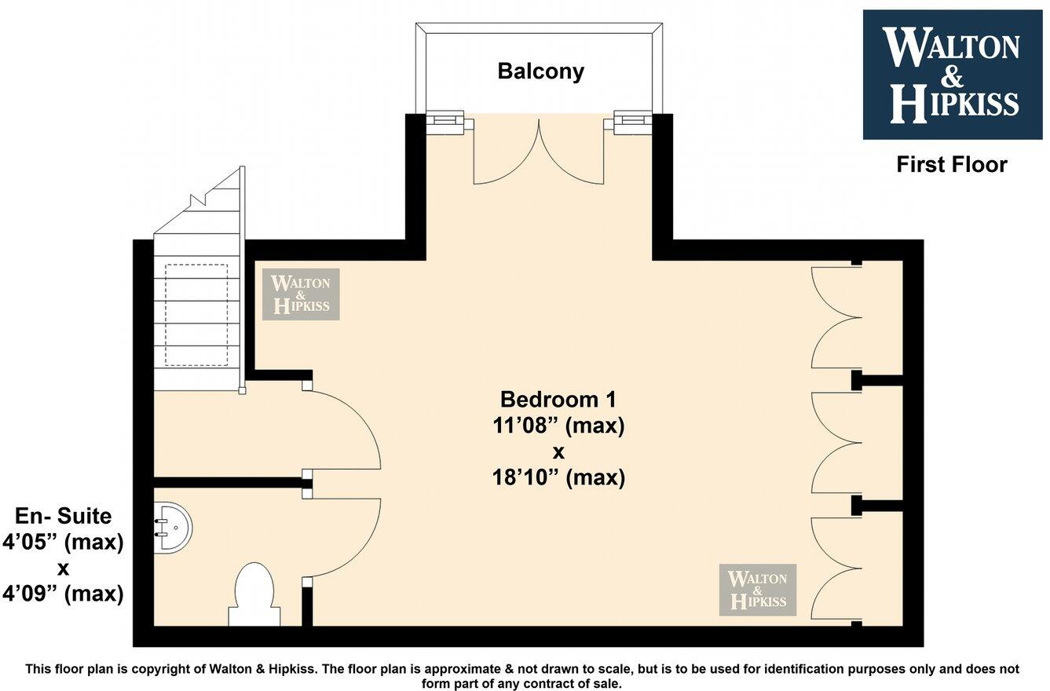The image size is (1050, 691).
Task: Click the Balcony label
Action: tap(540, 71)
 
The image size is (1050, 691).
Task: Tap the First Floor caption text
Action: tap(951, 164)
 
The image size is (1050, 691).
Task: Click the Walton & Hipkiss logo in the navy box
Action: tap(951, 75)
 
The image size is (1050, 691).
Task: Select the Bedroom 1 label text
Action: tap(558, 399)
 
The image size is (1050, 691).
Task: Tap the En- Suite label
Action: tap(64, 516)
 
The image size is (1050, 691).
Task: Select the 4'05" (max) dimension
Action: tap(64, 543)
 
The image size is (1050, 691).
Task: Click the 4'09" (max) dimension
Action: tap(64, 594)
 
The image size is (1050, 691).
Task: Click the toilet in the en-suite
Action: tap(254, 593)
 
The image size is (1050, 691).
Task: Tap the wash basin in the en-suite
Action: tap(171, 528)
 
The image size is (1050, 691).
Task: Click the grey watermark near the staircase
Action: tap(301, 294)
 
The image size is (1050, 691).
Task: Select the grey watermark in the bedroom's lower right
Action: tap(758, 590)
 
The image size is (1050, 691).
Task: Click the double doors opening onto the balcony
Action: tap(540, 153)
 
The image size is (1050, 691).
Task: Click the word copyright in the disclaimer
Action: tap(170, 669)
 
